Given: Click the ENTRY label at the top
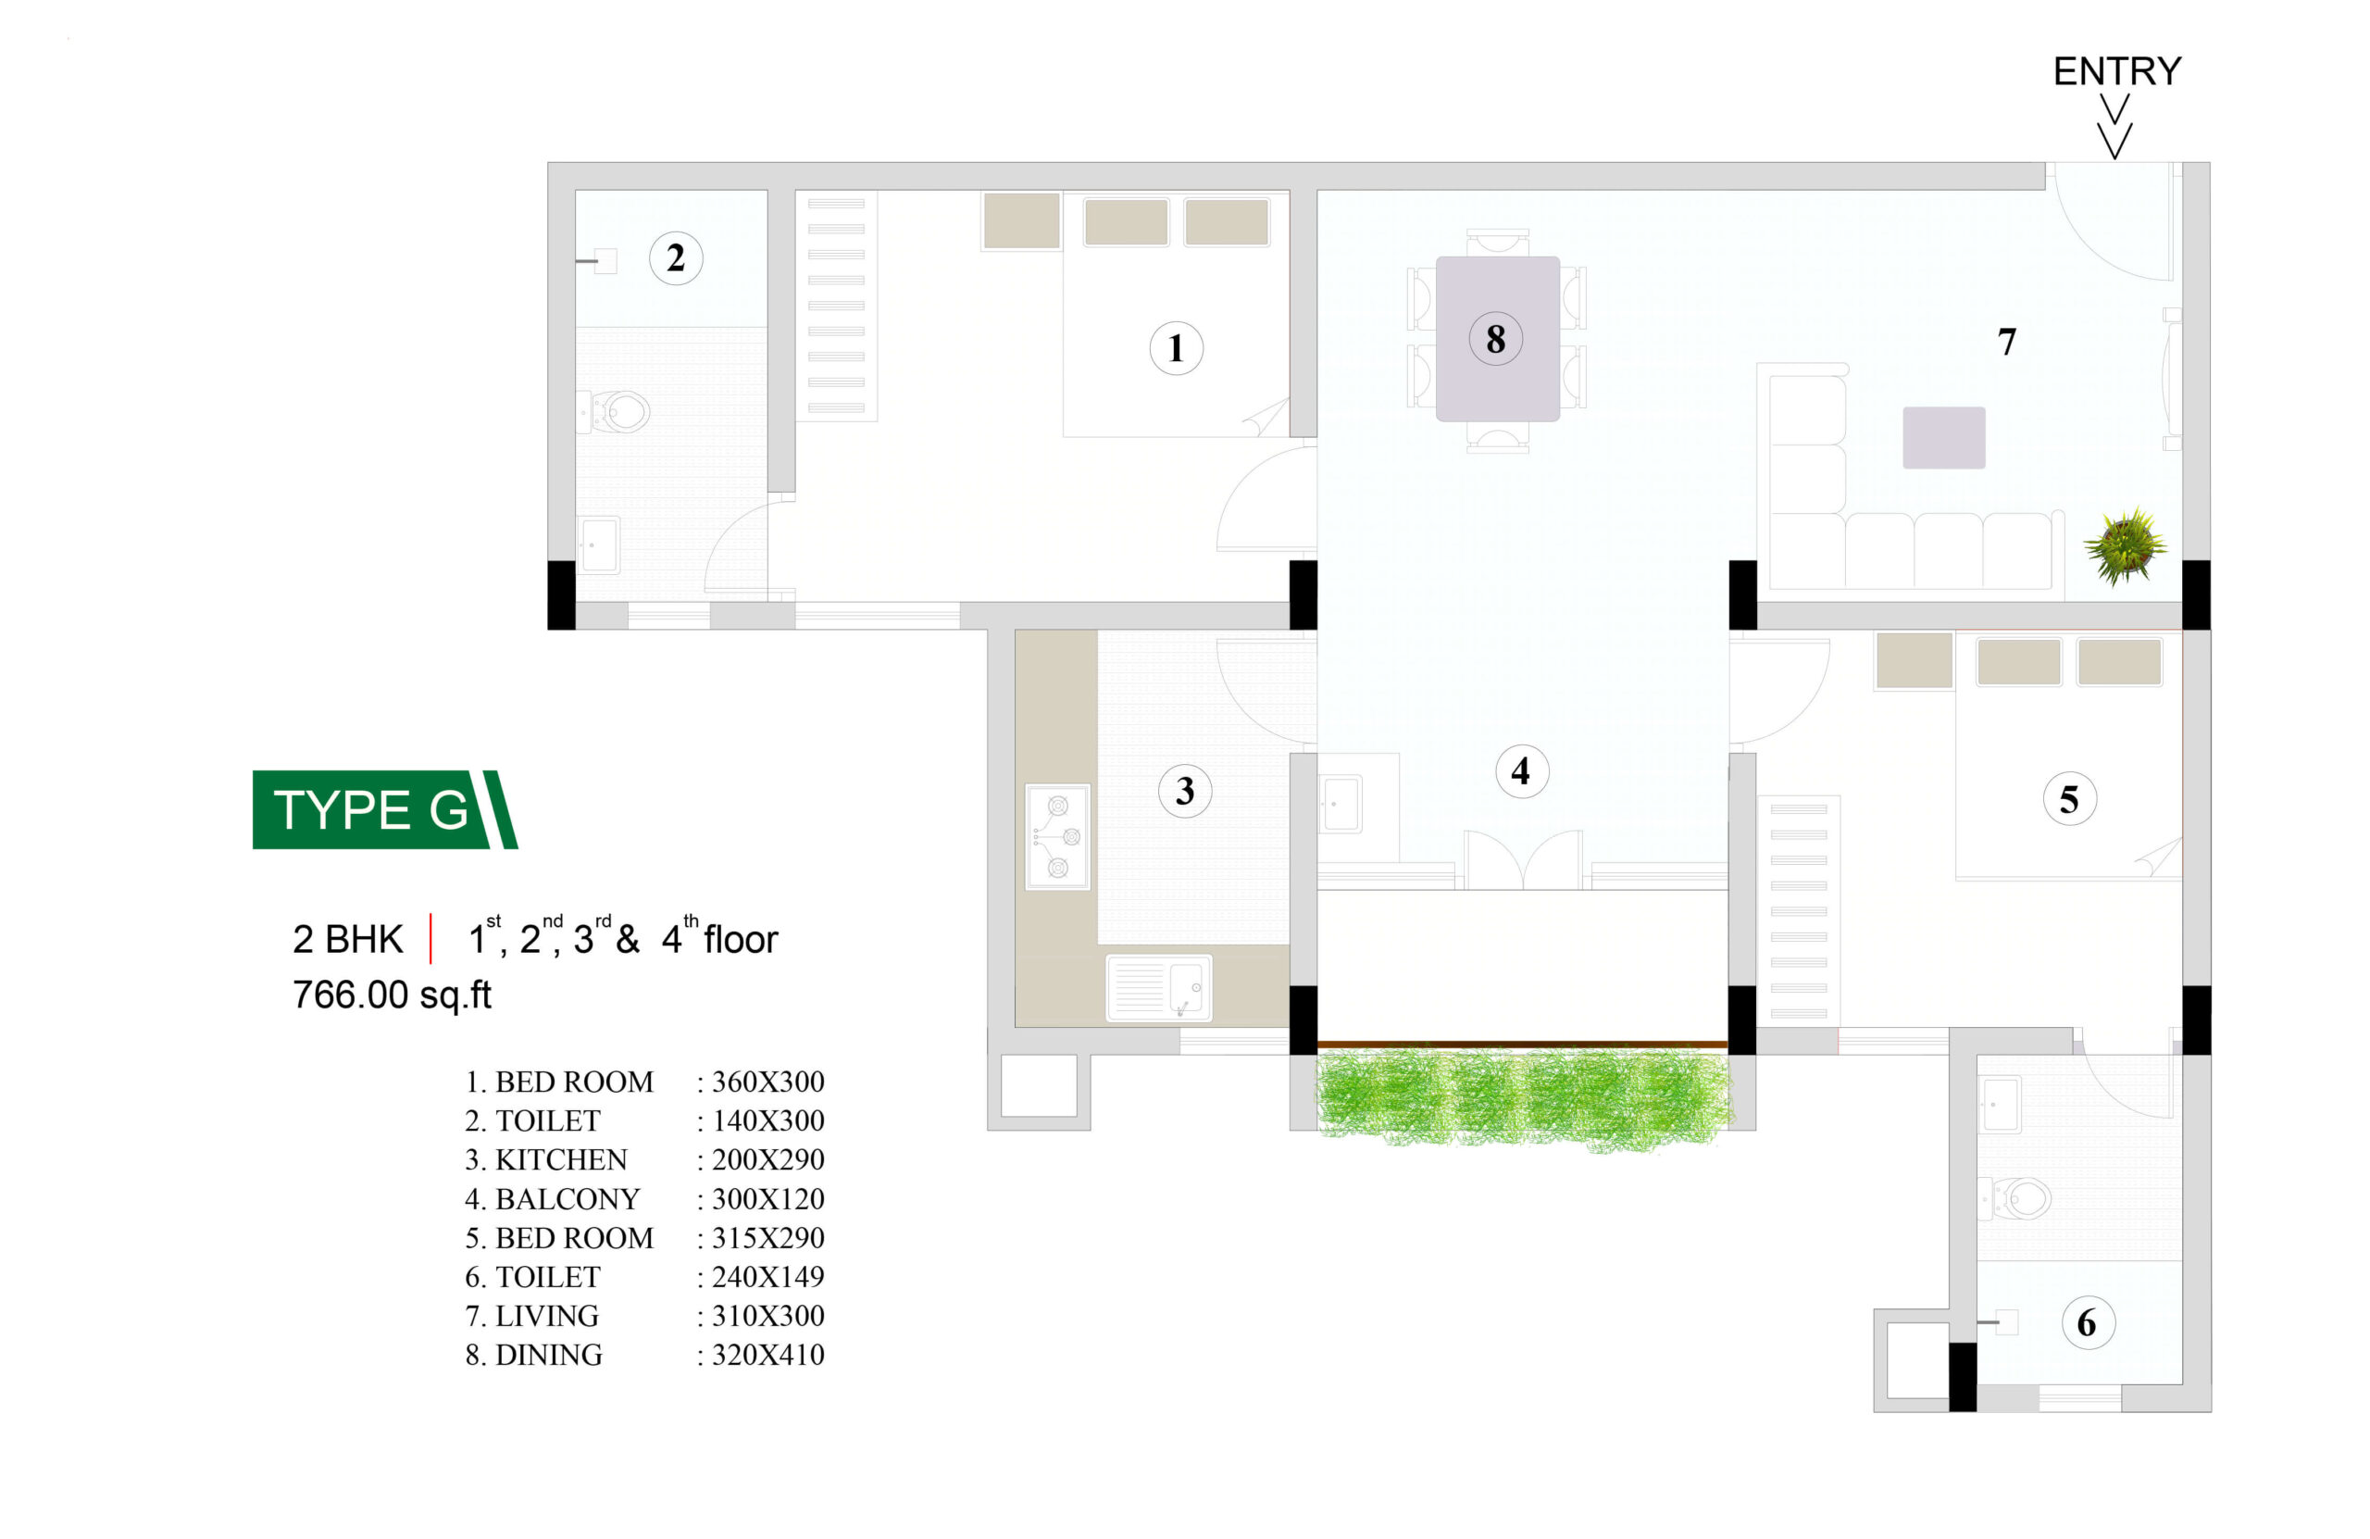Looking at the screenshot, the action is [2117, 71].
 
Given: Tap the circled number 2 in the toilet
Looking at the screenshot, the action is [676, 258].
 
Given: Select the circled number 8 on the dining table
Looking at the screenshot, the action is [1496, 339].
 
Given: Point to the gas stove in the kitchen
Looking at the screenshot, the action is [1057, 837].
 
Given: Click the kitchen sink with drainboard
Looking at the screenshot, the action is [1159, 988].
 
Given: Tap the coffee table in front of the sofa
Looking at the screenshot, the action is [1944, 437].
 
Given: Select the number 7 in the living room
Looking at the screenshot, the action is [2006, 342].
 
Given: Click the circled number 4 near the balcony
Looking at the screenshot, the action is [1523, 770].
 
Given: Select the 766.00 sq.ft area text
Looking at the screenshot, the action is [393, 995].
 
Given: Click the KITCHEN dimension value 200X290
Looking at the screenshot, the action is [767, 1159].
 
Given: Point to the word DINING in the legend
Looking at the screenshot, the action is [549, 1355].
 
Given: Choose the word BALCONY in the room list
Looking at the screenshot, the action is [568, 1198].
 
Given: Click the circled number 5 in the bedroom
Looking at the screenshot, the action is [2069, 799].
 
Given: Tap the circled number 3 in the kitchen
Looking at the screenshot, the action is [1185, 791].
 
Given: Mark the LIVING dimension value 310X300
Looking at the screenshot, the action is [767, 1316].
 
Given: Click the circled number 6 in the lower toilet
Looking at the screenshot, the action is [2088, 1323].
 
